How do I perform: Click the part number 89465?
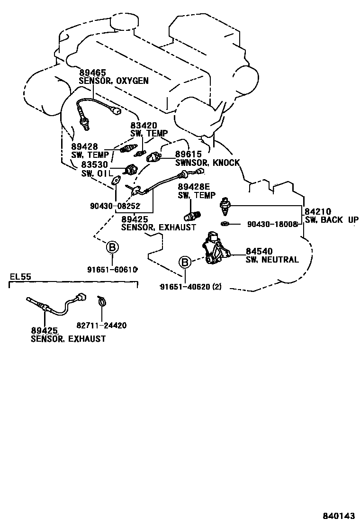(x=92, y=73)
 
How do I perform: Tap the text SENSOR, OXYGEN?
(x=114, y=81)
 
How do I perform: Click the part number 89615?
(x=189, y=154)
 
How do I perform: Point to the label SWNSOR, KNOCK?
(x=207, y=163)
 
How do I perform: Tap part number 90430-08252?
(x=114, y=206)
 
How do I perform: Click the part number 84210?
(x=318, y=212)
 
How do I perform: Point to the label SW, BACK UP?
(x=331, y=220)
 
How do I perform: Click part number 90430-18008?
(x=271, y=224)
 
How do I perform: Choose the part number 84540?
(x=259, y=251)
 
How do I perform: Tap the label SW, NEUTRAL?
(x=272, y=260)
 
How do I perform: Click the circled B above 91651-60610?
(x=112, y=247)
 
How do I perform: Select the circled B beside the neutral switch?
(x=185, y=262)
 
